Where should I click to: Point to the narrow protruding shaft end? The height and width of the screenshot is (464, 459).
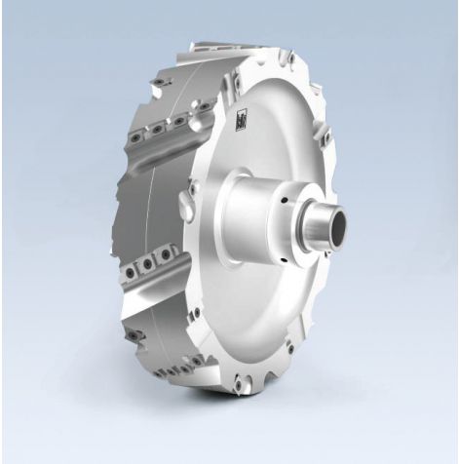tap(320, 231)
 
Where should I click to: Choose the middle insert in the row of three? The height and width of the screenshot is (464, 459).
tap(145, 262)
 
